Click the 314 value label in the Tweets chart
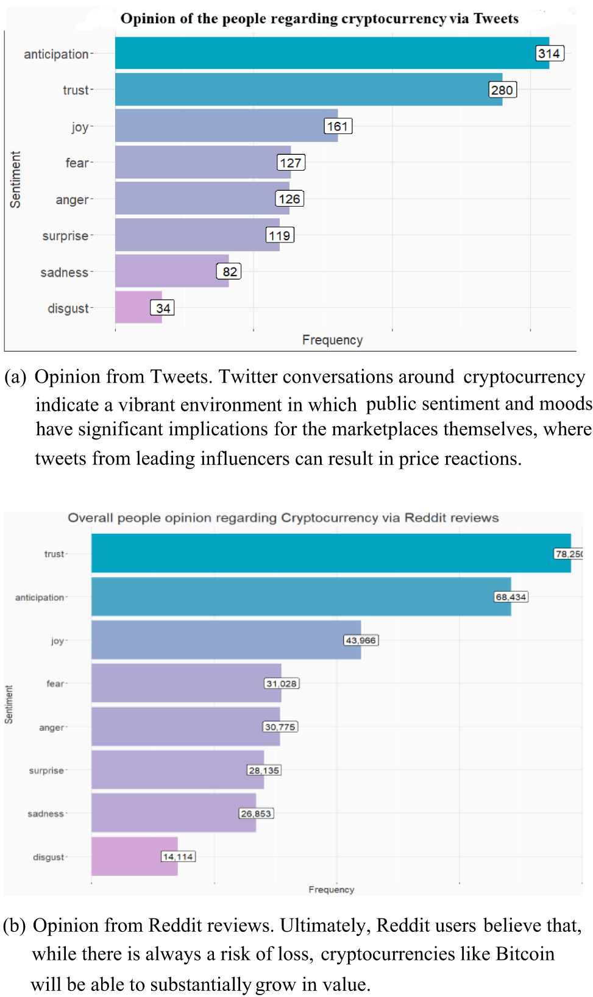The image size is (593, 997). (x=549, y=54)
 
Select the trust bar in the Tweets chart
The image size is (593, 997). (x=305, y=90)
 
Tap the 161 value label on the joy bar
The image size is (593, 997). (x=338, y=126)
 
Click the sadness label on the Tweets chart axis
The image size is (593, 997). (x=64, y=272)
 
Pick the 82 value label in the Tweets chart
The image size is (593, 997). (x=229, y=272)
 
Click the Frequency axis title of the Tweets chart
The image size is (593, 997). (x=332, y=340)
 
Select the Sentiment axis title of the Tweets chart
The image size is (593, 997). (x=15, y=180)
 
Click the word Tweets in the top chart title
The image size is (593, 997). (x=496, y=19)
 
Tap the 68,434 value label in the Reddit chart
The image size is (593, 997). (x=511, y=597)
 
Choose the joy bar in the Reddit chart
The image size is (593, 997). (x=225, y=640)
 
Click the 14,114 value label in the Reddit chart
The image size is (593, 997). (x=178, y=856)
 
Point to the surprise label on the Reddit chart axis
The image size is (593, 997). (x=46, y=770)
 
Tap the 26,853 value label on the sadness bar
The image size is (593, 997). (x=255, y=813)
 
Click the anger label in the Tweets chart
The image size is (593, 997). (x=72, y=200)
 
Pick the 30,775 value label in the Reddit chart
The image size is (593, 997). (x=280, y=726)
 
